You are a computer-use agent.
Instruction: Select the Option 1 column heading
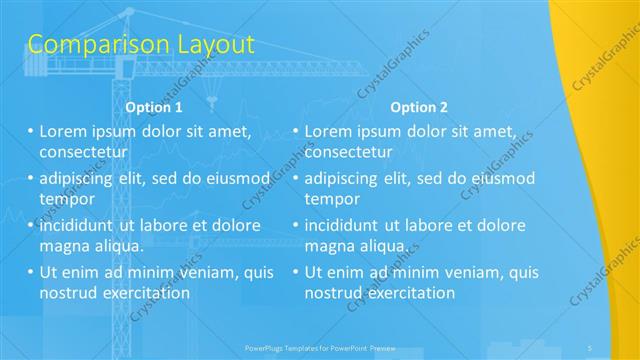tap(154, 107)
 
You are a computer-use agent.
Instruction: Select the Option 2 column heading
tap(419, 107)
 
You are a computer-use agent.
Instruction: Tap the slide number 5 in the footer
tap(591, 347)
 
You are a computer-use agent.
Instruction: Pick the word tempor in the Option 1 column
tap(67, 198)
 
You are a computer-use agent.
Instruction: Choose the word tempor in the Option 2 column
tap(333, 198)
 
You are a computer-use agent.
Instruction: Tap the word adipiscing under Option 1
tap(79, 178)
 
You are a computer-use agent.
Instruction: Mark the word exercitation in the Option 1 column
tap(143, 292)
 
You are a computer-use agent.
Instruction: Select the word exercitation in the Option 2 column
tap(409, 292)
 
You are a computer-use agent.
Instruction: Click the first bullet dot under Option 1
tap(30, 131)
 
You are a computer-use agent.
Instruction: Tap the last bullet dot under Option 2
tap(296, 272)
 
